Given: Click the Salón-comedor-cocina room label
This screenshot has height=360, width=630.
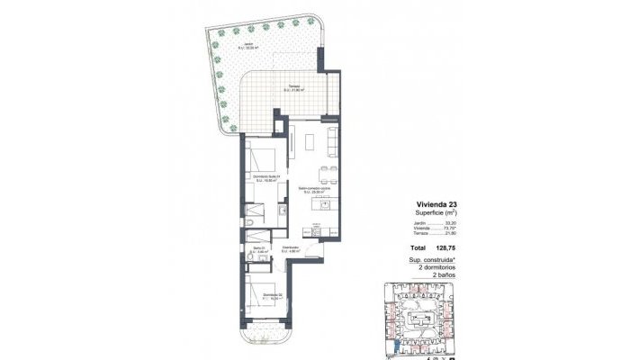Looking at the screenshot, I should point(316,188).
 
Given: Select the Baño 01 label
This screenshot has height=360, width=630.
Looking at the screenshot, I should point(259,250).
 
